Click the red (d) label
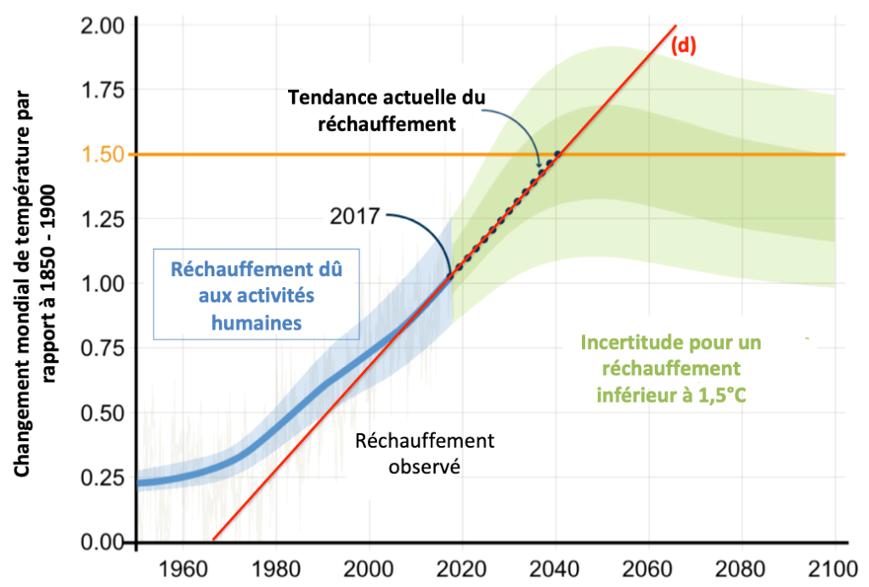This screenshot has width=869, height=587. coord(683,46)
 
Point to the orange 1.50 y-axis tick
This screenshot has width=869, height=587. coord(103,154)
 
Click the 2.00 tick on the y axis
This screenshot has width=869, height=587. coord(103,25)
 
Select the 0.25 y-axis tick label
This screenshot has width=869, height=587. coord(103,477)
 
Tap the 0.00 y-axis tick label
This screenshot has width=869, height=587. coord(103,541)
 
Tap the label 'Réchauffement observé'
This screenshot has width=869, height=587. coord(425,454)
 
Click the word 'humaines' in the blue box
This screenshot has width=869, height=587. coord(257,323)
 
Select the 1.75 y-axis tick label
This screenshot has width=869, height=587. coord(103,89)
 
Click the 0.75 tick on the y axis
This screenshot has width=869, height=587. coord(103,348)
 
